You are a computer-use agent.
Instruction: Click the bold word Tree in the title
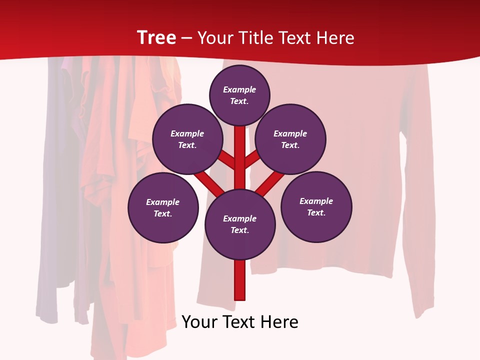tap(156, 37)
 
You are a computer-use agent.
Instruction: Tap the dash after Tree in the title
tap(186, 38)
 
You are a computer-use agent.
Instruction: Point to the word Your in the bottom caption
tap(200, 322)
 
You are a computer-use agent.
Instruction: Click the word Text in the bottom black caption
tap(239, 322)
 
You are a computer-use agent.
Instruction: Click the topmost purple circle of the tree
tap(239, 95)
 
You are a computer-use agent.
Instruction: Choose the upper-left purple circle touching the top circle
tap(187, 139)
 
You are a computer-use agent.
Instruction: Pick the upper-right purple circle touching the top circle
tap(290, 139)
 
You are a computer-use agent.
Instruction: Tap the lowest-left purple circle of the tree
tap(163, 207)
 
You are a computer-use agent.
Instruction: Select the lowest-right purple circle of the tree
tap(316, 206)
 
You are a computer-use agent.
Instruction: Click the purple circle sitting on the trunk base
tap(240, 224)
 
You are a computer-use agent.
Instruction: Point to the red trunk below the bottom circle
tap(240, 280)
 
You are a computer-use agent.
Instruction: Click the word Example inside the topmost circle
tap(239, 89)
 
